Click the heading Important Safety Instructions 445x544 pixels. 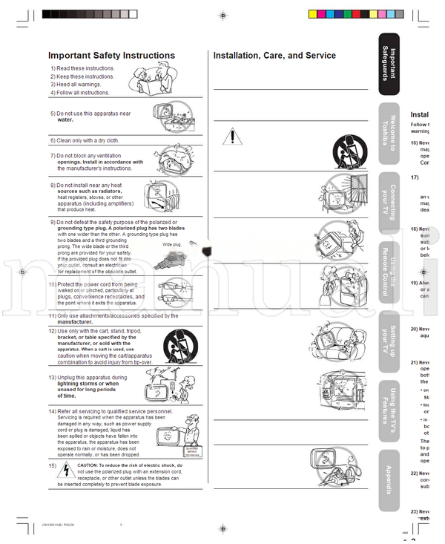[x=111, y=56]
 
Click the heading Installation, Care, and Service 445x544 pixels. [x=274, y=56]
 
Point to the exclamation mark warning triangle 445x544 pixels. [x=233, y=137]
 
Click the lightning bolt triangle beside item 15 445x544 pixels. [x=65, y=468]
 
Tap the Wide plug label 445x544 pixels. [x=171, y=244]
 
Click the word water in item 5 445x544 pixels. [x=65, y=119]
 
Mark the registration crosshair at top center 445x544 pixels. [x=222, y=14]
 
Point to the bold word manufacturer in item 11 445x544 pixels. [x=75, y=322]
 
